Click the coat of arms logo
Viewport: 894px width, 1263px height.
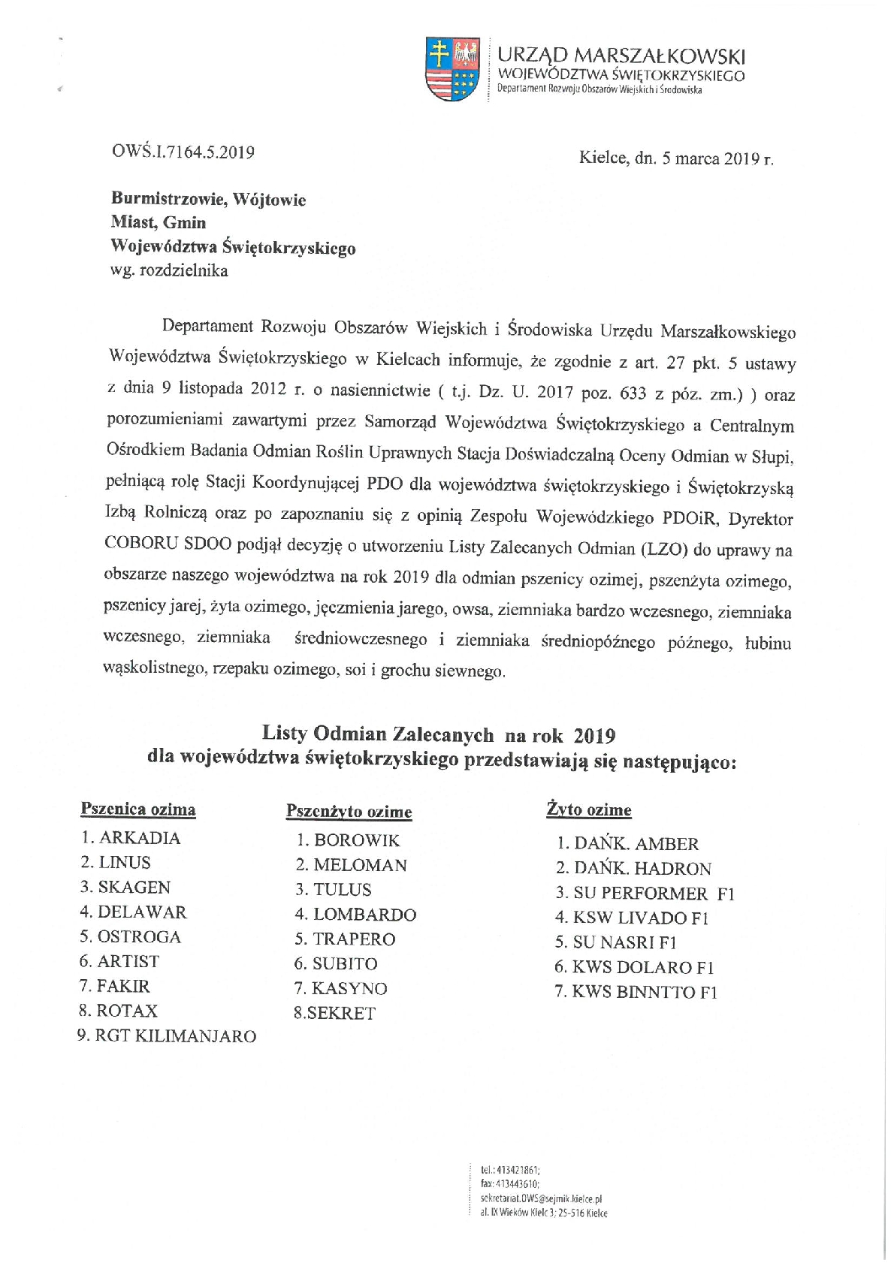click(452, 70)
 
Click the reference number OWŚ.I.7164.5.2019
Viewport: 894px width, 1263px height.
click(183, 152)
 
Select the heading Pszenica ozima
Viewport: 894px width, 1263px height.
click(137, 809)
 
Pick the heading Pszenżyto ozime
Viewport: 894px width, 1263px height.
click(349, 812)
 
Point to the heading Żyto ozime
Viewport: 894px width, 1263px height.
click(588, 810)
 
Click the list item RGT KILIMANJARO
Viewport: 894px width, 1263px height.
click(167, 1036)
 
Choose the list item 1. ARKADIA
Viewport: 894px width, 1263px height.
click(131, 838)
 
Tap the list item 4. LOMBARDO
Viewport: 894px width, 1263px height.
click(355, 915)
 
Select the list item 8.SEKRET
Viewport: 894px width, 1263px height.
click(334, 1014)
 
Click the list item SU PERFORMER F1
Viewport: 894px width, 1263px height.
click(645, 894)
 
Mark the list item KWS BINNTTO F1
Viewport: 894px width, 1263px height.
click(636, 993)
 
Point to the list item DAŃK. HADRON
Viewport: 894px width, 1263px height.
click(633, 869)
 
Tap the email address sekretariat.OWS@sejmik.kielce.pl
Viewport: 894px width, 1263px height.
click(541, 1199)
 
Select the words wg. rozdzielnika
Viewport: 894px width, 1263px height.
click(169, 271)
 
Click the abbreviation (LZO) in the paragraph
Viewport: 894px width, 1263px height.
click(663, 550)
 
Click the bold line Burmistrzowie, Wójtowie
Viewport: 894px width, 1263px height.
click(208, 200)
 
